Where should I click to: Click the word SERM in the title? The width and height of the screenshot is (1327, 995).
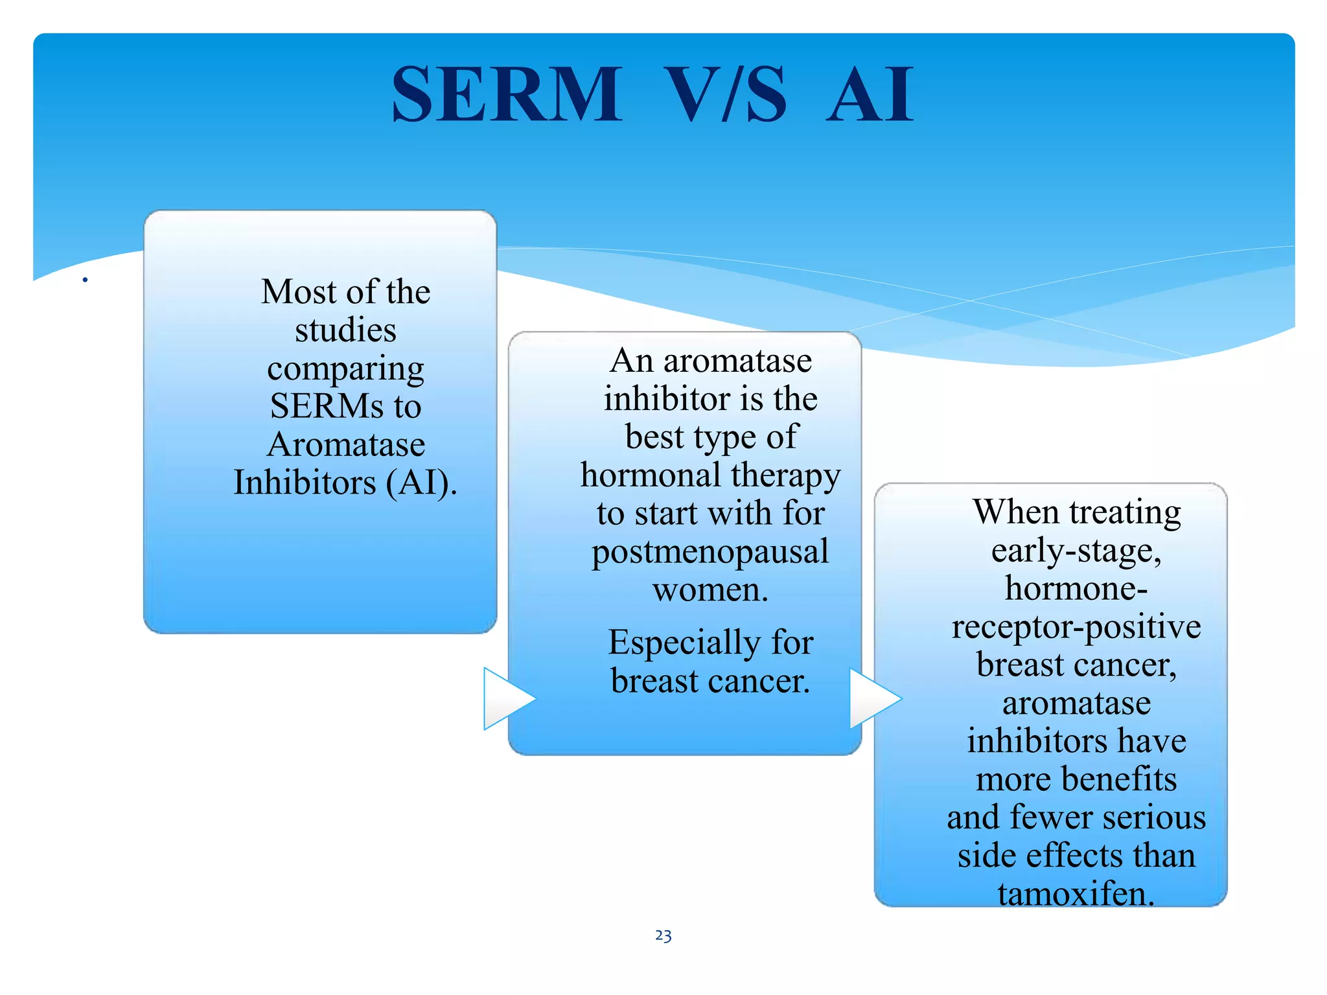click(507, 95)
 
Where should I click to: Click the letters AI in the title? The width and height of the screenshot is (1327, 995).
click(870, 96)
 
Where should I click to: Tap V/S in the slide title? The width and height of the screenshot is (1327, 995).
click(725, 95)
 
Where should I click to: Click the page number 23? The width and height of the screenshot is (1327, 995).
click(663, 935)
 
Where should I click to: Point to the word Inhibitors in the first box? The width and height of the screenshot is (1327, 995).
click(305, 483)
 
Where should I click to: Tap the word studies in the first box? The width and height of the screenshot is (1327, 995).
click(345, 330)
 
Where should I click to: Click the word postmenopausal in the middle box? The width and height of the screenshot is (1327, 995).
click(710, 552)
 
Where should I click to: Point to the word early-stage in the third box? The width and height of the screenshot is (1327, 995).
click(1076, 551)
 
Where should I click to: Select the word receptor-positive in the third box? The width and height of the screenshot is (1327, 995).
click(1076, 628)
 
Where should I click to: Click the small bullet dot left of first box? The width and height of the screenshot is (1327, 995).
click(85, 280)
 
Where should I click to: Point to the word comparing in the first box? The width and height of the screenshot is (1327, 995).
click(345, 370)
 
